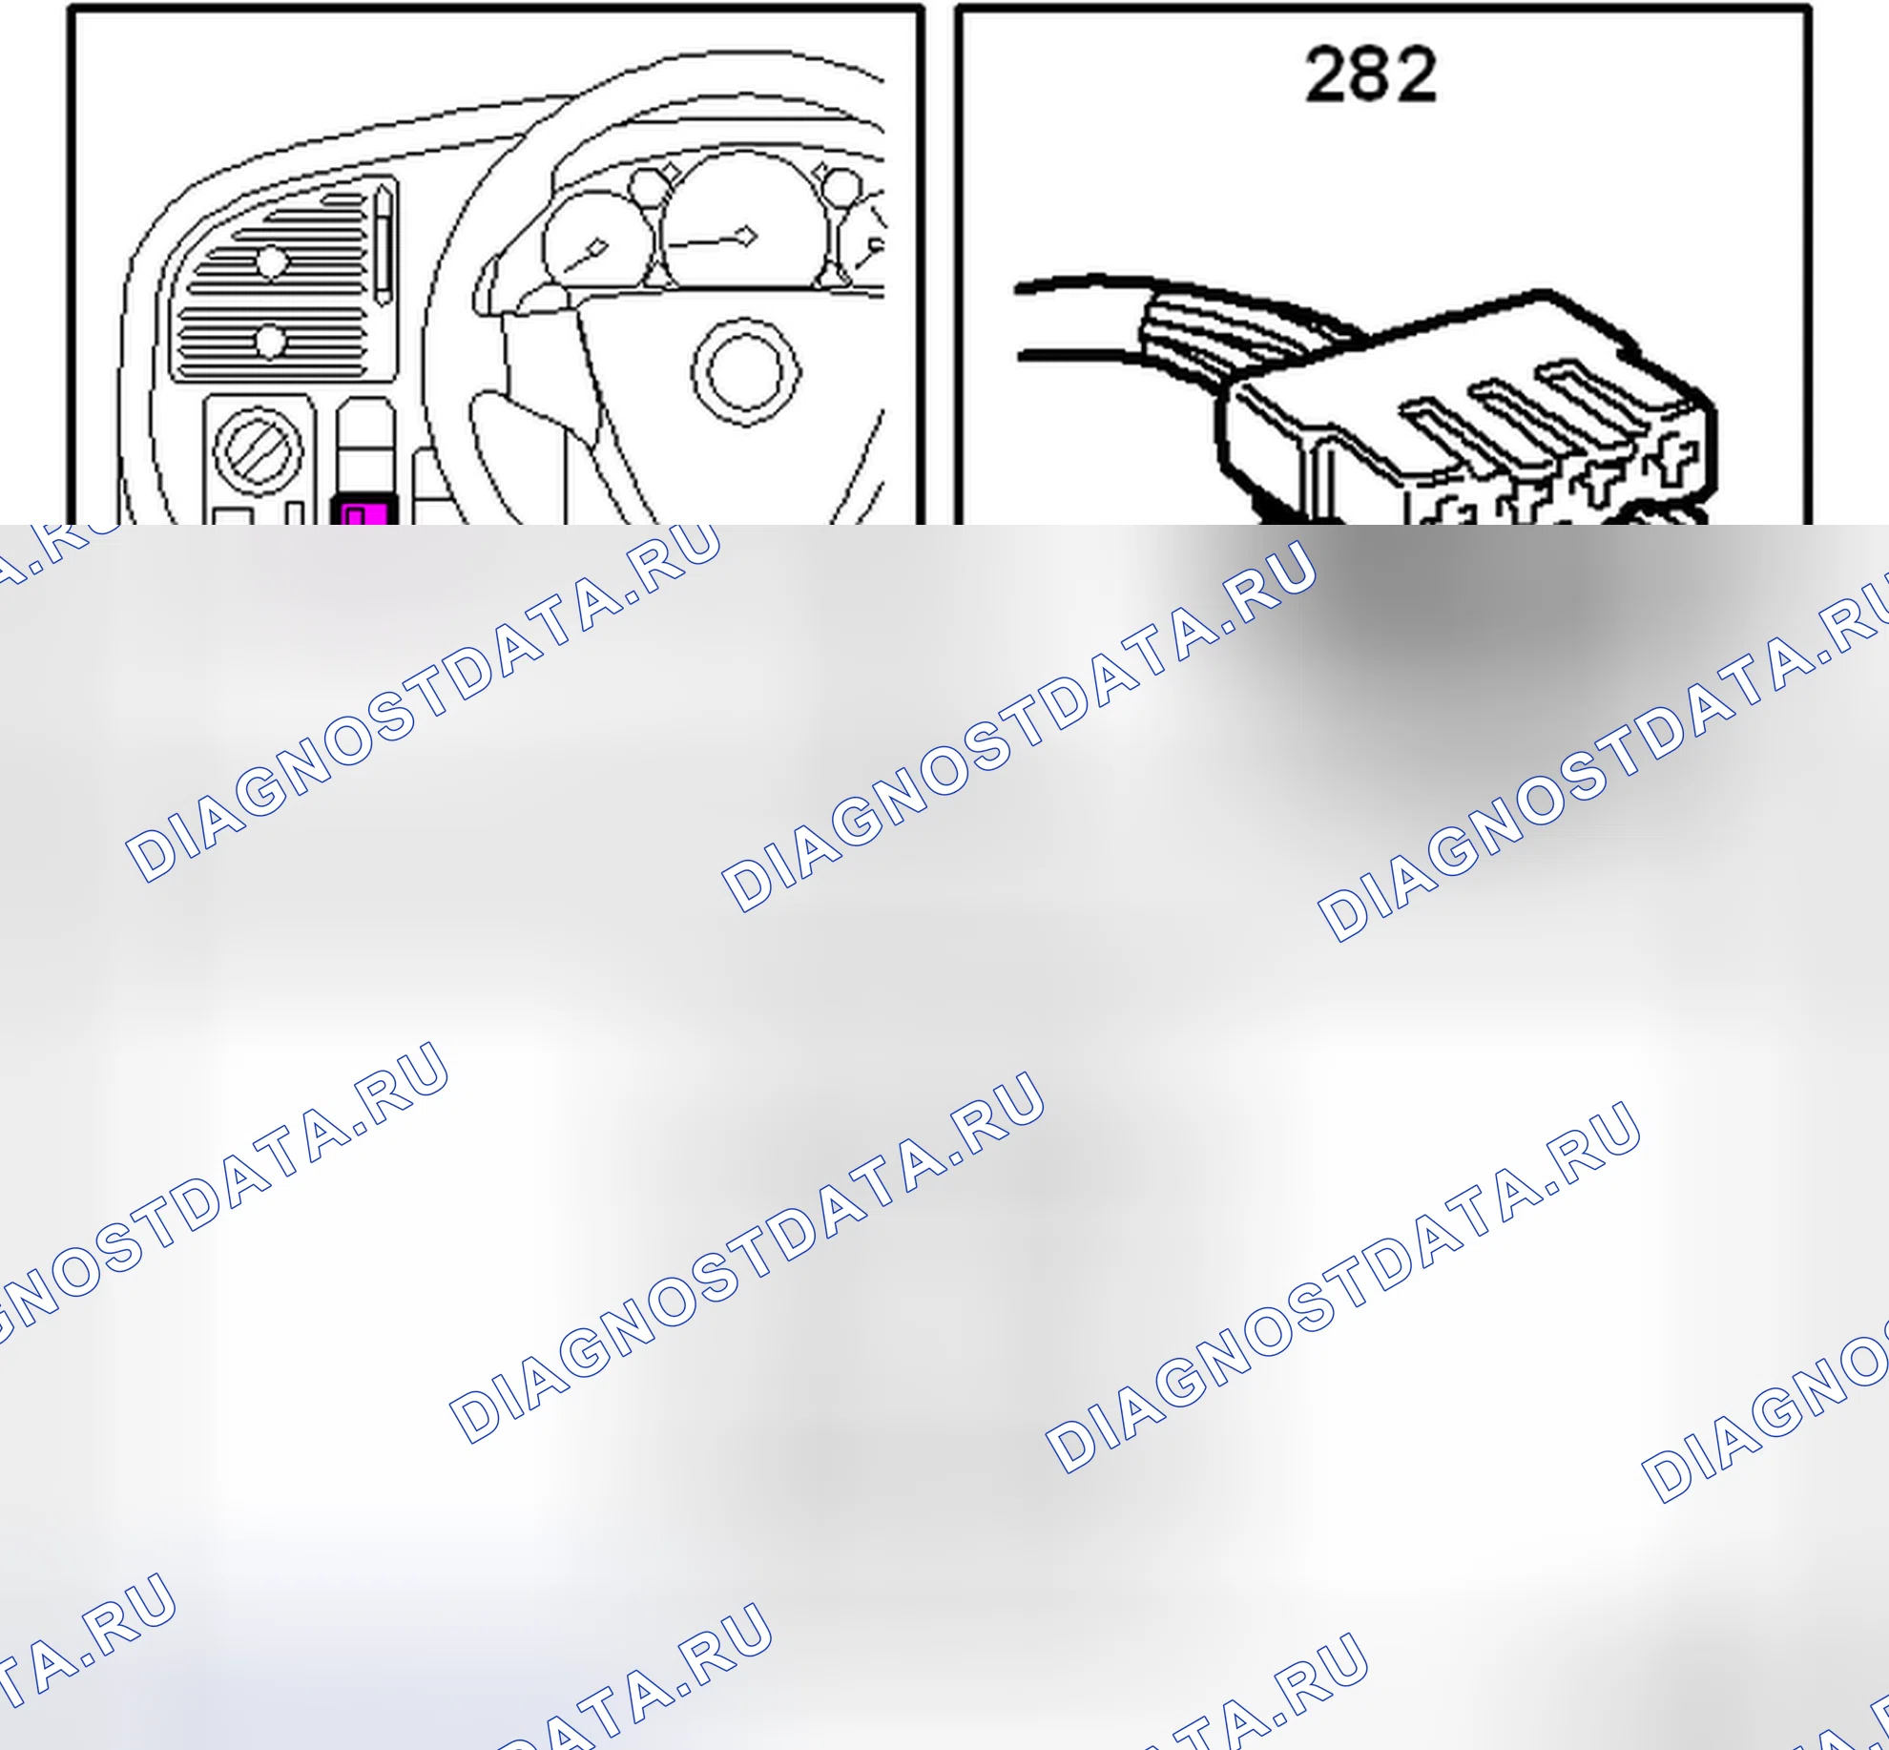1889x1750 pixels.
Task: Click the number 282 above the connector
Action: coord(1371,74)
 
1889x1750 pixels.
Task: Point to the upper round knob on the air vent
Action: coord(271,260)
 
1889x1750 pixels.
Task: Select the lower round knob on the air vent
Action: coord(270,341)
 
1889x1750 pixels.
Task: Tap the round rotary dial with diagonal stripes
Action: coord(258,450)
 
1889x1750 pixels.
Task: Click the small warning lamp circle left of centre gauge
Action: coord(649,184)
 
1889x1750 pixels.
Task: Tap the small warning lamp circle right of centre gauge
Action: coord(841,185)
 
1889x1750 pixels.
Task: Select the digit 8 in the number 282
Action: coord(1371,74)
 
